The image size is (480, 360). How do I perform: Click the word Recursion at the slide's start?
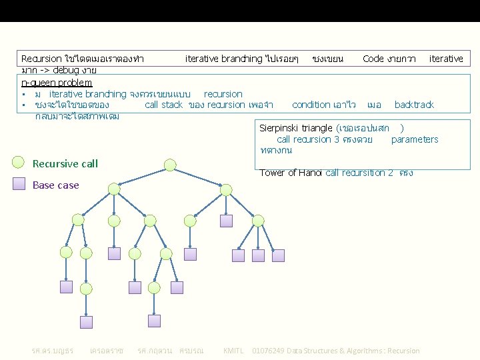[39, 59]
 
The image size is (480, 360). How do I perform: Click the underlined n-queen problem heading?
[57, 82]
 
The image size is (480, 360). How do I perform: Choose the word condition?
[315, 105]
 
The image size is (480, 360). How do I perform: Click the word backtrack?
[414, 105]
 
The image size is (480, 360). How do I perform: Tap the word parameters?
[415, 139]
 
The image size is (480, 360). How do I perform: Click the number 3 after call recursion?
[337, 139]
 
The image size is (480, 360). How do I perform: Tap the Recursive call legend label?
[65, 163]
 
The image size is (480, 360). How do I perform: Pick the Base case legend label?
[56, 185]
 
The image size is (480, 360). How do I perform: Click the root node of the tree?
[171, 165]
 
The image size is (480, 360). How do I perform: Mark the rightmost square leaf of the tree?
[278, 255]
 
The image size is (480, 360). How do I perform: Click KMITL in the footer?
[233, 350]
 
